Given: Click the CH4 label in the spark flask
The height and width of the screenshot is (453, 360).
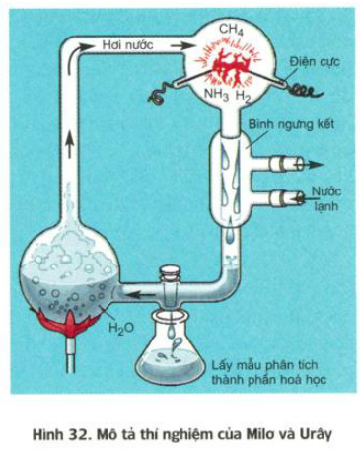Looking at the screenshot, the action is [x=230, y=31].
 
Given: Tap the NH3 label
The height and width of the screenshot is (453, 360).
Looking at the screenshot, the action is [x=217, y=95].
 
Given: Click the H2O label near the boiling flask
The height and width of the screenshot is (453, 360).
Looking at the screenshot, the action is [x=121, y=329].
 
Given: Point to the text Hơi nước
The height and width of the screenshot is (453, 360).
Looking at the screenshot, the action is [x=127, y=44].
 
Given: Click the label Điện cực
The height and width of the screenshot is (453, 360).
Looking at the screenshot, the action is [x=315, y=62].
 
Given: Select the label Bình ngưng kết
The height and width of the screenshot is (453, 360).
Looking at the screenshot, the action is [x=291, y=125].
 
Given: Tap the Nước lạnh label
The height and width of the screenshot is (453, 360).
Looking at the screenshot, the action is [x=325, y=198].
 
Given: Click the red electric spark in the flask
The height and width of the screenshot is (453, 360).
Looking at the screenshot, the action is [x=228, y=67].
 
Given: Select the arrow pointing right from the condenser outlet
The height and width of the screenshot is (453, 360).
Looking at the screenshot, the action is [x=309, y=165].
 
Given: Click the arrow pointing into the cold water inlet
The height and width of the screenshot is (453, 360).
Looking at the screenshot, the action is [x=303, y=197].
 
